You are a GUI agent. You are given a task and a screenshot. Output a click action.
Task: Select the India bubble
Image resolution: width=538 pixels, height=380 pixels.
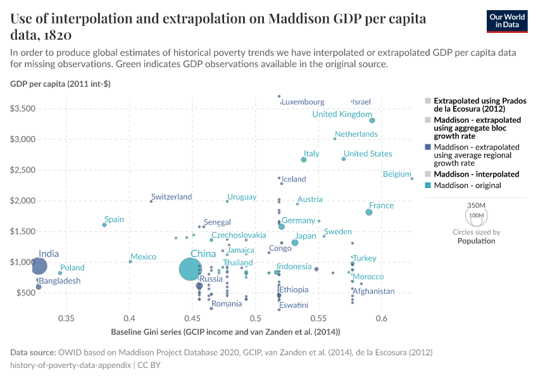39,266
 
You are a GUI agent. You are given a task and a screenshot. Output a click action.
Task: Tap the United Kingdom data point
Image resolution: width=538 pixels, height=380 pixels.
372,120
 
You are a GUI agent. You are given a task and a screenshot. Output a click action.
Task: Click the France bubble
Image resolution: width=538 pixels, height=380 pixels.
369,212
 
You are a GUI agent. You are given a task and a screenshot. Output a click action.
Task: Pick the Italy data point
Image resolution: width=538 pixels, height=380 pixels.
304,160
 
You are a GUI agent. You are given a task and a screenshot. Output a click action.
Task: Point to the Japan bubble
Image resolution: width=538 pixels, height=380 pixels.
295,243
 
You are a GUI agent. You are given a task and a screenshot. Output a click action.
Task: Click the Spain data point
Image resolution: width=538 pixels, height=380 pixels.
104,225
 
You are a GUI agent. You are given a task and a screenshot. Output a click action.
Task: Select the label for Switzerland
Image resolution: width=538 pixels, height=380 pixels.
172,197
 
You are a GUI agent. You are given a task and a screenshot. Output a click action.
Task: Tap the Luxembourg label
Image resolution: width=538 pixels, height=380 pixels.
303,102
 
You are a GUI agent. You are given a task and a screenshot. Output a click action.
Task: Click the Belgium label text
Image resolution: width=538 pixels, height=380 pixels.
397,174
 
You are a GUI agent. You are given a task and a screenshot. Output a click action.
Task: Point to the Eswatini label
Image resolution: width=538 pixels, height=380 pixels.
294,305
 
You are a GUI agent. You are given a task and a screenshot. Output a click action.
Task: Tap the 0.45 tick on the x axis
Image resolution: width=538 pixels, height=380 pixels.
192,317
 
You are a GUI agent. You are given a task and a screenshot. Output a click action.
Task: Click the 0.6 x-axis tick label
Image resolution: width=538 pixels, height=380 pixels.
382,317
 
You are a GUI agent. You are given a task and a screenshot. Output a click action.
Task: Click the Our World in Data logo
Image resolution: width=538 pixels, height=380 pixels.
507,20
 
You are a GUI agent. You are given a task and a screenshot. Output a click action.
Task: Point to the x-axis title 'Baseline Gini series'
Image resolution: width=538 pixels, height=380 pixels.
225,332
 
